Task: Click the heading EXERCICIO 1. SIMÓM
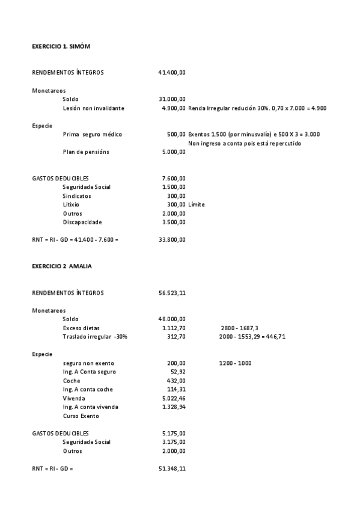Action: [61, 46]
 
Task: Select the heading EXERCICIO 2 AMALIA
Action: [62, 266]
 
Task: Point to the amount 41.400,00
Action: [172, 73]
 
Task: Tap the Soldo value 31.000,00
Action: [172, 99]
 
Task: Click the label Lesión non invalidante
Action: [93, 108]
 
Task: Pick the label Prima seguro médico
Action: [92, 135]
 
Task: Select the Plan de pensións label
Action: [86, 152]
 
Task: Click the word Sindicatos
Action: [78, 196]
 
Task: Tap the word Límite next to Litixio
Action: [196, 205]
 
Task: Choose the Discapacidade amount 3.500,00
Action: [174, 223]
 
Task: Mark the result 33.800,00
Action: [172, 240]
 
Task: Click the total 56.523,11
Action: [172, 293]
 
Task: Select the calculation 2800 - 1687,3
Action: [239, 328]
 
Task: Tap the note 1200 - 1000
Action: [236, 363]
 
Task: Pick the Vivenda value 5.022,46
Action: [174, 398]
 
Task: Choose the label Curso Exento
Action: [81, 416]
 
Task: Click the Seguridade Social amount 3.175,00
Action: [174, 442]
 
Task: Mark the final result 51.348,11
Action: [172, 469]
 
